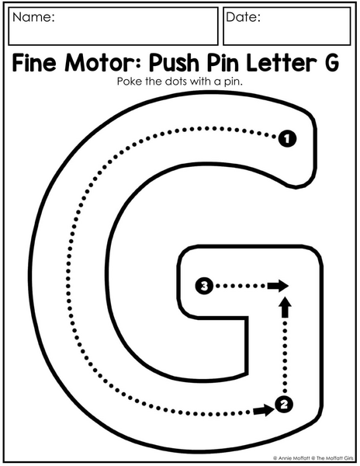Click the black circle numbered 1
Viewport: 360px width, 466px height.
click(x=287, y=139)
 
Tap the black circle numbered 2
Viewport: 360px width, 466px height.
click(x=284, y=404)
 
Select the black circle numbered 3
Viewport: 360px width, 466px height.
click(x=204, y=286)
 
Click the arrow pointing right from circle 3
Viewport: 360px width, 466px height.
click(x=278, y=286)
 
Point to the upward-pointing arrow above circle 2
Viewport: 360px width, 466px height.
click(x=285, y=307)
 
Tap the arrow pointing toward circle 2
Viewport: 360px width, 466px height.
click(x=264, y=411)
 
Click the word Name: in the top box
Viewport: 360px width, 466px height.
click(x=33, y=17)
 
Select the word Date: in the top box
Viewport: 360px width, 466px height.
click(x=243, y=17)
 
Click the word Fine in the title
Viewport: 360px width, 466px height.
click(x=34, y=63)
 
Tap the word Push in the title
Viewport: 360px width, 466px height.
click(x=174, y=64)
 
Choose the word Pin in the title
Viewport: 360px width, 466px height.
click(x=223, y=63)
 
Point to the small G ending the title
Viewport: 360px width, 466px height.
click(x=331, y=63)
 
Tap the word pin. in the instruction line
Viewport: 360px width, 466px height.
click(x=233, y=82)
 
